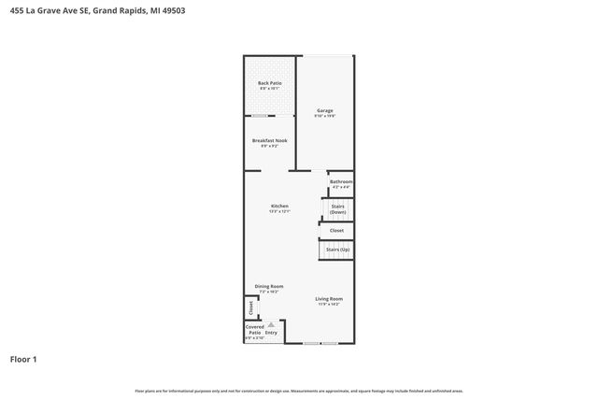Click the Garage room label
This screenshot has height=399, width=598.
tap(324, 110)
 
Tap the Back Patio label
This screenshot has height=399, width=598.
tap(270, 83)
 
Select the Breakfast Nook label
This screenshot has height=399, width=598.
tap(270, 140)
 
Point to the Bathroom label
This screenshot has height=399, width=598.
tap(341, 181)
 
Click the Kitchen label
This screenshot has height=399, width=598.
tap(279, 206)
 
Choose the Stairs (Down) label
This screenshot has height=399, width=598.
tap(338, 208)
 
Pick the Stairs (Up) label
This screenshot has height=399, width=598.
tap(338, 249)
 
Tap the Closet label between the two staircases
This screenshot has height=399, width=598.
tap(336, 230)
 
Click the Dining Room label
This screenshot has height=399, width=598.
tap(269, 287)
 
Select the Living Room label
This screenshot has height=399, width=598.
tap(329, 298)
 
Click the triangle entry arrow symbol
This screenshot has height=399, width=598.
tap(271, 324)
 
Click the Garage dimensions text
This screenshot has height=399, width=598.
tap(324, 116)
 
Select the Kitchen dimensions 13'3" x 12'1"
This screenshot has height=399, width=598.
tap(279, 211)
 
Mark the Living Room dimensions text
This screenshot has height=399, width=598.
tap(329, 304)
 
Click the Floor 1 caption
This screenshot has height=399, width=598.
tap(23, 359)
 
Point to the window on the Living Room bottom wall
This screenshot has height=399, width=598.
tap(313, 344)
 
